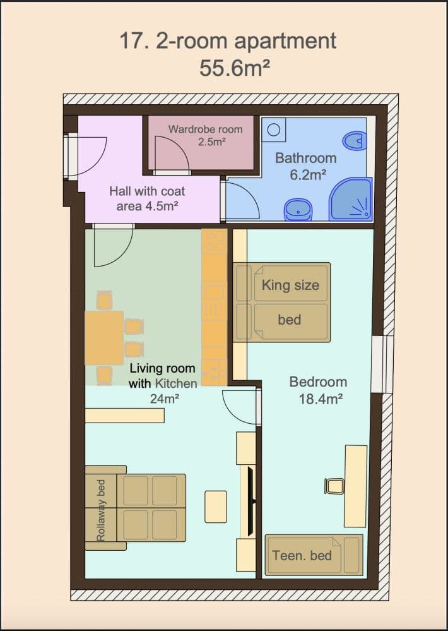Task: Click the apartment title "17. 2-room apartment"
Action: click(x=228, y=42)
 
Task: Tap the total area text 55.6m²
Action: click(x=235, y=67)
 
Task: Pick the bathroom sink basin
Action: click(x=297, y=208)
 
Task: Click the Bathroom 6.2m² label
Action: click(x=306, y=166)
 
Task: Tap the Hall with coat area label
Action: click(x=147, y=198)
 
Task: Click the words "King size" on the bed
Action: click(x=290, y=285)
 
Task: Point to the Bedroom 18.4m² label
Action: click(x=318, y=390)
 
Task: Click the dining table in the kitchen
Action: click(x=104, y=337)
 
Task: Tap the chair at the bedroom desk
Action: click(x=334, y=486)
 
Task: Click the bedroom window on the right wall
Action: click(x=382, y=364)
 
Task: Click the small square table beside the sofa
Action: click(x=216, y=506)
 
